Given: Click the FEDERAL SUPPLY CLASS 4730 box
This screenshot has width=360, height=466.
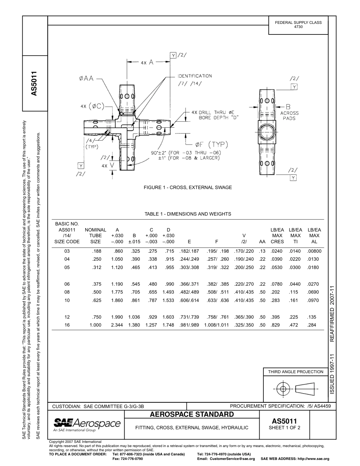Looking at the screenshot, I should coord(298,25).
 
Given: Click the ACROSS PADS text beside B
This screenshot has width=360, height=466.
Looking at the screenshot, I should coord(289,116).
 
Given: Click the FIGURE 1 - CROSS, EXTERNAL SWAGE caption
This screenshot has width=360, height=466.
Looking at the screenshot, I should coord(188,188).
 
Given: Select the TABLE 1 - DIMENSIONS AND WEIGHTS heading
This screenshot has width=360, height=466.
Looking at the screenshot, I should coord(188,214).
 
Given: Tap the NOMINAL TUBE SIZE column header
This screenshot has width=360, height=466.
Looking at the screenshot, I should coord(95,236).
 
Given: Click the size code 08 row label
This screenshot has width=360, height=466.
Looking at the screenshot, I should coord(67,292).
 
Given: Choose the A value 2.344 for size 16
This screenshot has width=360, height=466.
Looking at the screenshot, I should coord(117,325).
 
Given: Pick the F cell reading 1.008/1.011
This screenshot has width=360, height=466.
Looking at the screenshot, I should coord(216,325).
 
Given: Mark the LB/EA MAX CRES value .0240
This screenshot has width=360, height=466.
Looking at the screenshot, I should coord(277,251).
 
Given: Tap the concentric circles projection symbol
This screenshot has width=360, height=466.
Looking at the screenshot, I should coord(282,389).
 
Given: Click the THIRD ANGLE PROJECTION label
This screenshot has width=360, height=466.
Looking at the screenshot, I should coord(296,372).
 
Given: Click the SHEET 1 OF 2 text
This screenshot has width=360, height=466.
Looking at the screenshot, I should coord(284,428).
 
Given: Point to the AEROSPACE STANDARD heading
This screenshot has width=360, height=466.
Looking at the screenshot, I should coord(192,414).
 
